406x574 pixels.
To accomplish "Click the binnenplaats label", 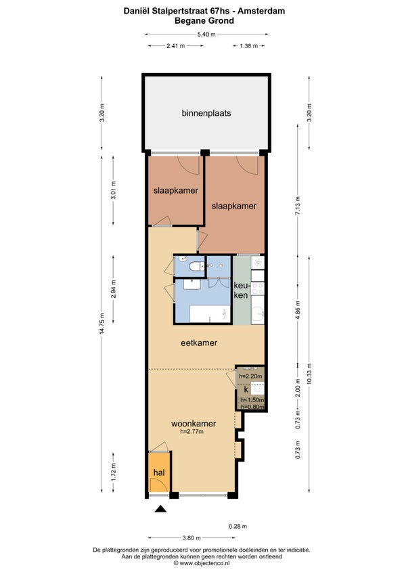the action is (206, 113).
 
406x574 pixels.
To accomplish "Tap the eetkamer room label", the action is (199, 343).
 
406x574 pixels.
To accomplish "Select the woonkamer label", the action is (194, 424).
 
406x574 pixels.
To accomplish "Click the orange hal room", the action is (160, 472).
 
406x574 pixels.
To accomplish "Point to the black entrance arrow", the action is (160, 508).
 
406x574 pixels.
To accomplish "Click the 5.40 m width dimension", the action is (206, 35).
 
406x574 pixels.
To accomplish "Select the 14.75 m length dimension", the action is (102, 324).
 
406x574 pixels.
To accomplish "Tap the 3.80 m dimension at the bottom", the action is (191, 537).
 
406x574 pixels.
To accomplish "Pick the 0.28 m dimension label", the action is (238, 527).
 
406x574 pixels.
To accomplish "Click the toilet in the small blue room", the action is (197, 266).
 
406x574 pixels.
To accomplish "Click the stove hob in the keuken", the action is (258, 288).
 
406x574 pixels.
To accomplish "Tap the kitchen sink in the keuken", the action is (258, 313).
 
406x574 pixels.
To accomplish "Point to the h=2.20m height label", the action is (250, 376).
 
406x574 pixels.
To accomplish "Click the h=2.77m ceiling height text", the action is (191, 432).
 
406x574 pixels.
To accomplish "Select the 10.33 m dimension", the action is (309, 374).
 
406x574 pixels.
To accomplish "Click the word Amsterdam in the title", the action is (261, 11).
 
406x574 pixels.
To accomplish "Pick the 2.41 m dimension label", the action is (176, 46).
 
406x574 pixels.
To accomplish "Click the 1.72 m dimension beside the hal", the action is (113, 472).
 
